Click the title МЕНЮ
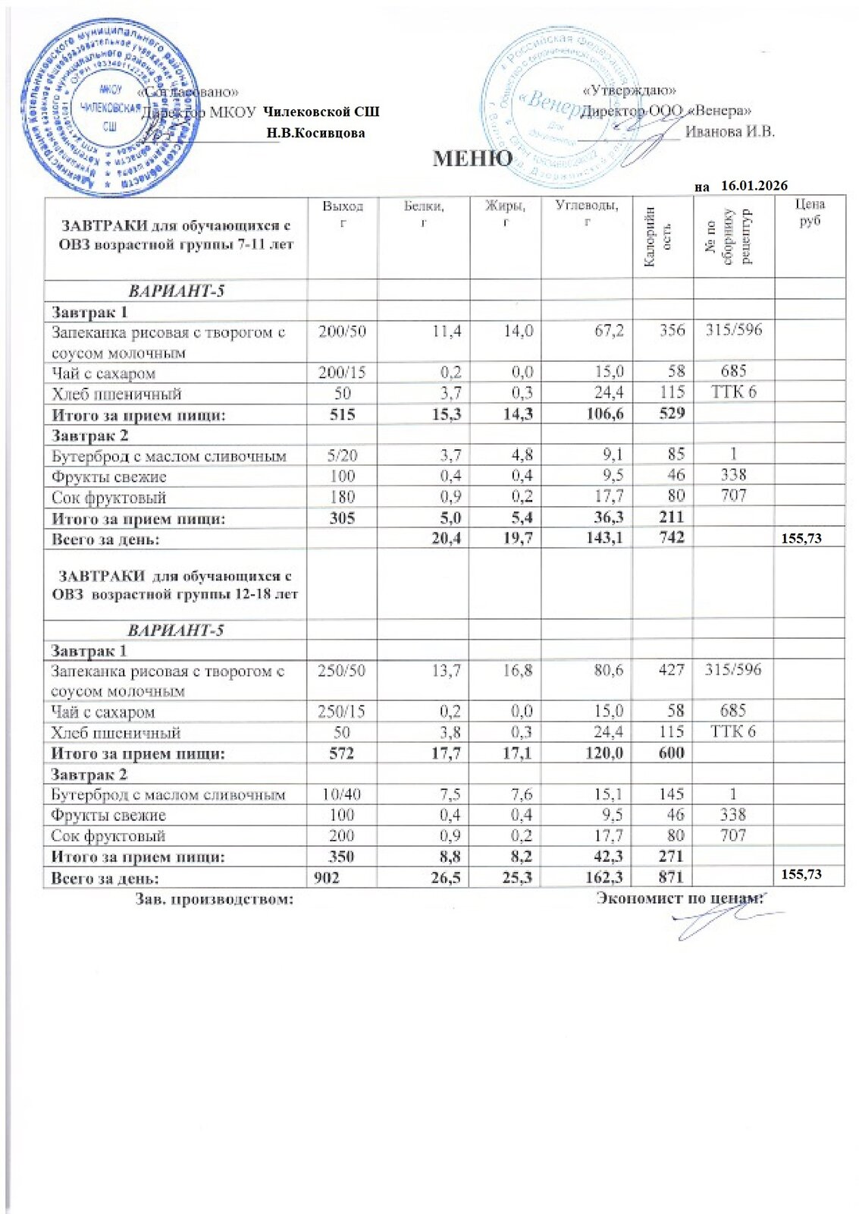[472, 159]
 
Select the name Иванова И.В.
[730, 131]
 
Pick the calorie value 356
[672, 330]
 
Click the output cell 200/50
[342, 331]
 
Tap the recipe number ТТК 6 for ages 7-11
[733, 392]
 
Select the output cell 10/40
[341, 794]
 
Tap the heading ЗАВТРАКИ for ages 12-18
[175, 585]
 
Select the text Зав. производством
[215, 899]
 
